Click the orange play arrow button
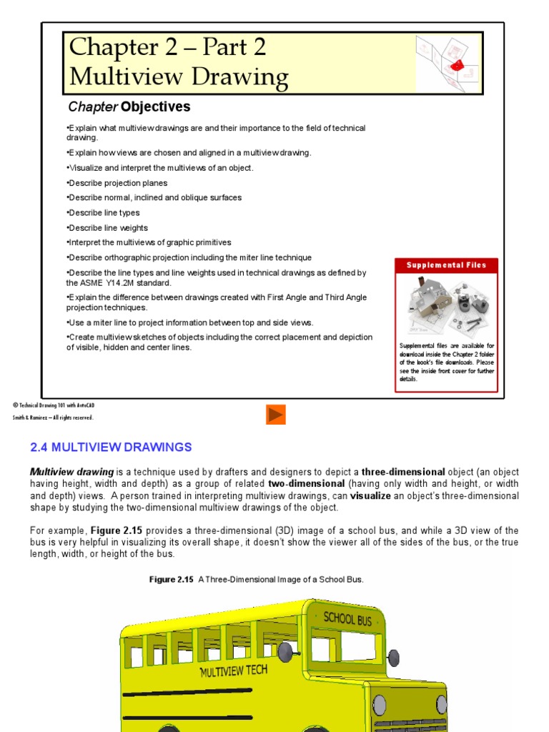[276, 415]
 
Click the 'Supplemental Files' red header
[446, 265]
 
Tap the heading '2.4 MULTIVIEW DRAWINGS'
[111, 447]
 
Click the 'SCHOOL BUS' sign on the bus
[347, 618]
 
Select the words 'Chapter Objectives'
[129, 107]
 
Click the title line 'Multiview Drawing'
[179, 76]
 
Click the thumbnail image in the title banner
[447, 64]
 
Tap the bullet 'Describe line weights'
[107, 228]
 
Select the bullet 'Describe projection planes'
[117, 183]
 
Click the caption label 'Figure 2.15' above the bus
[171, 580]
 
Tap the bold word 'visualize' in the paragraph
[370, 496]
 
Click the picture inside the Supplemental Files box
[447, 306]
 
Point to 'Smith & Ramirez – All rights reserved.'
[52, 418]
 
